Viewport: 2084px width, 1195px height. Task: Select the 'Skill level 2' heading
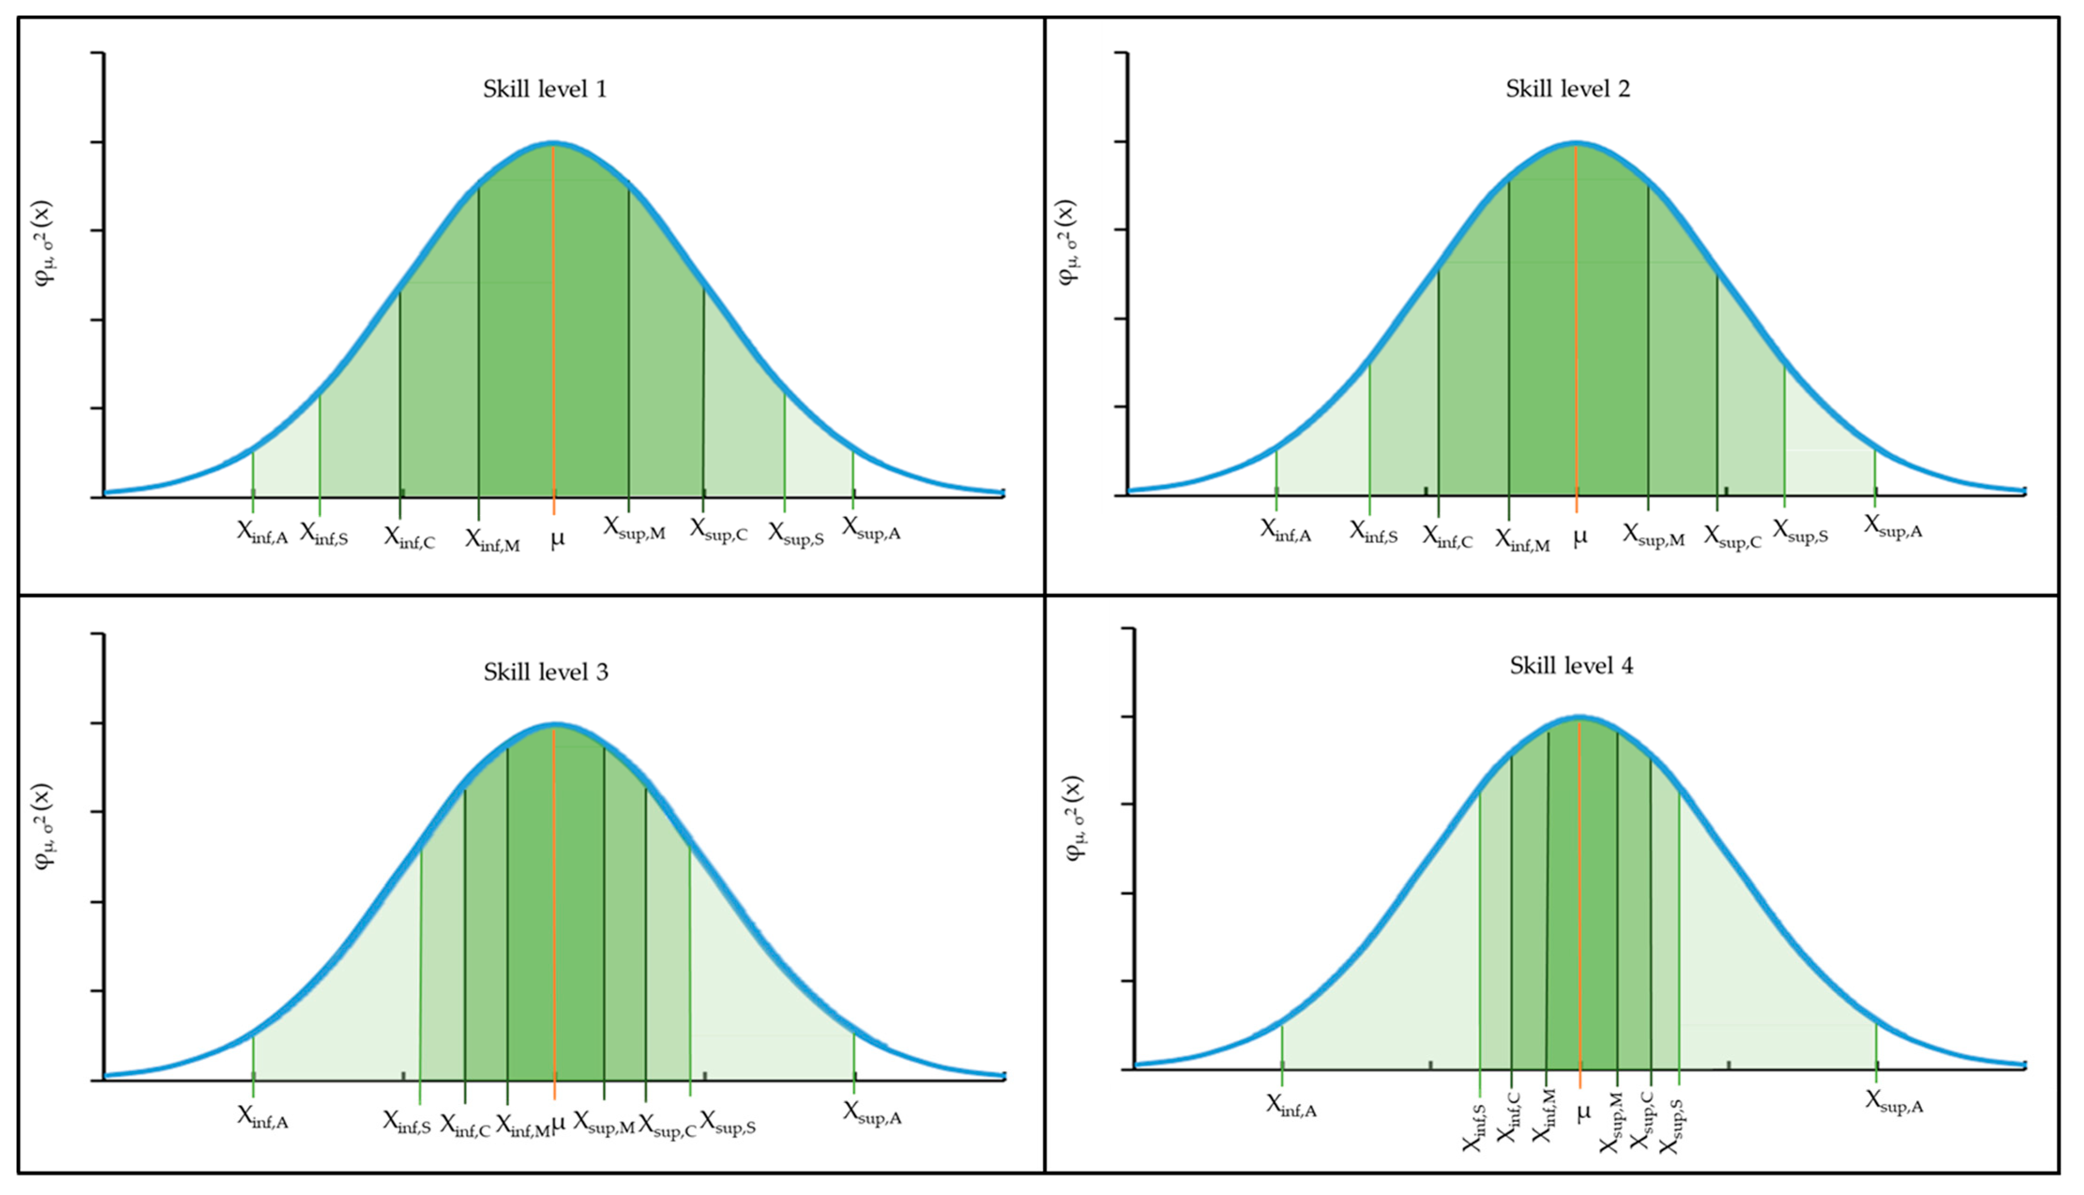tap(1567, 89)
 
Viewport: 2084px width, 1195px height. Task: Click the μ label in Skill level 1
tap(557, 540)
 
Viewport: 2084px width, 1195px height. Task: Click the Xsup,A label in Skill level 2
tap(1893, 527)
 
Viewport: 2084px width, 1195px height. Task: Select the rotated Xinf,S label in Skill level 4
tap(1474, 1127)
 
